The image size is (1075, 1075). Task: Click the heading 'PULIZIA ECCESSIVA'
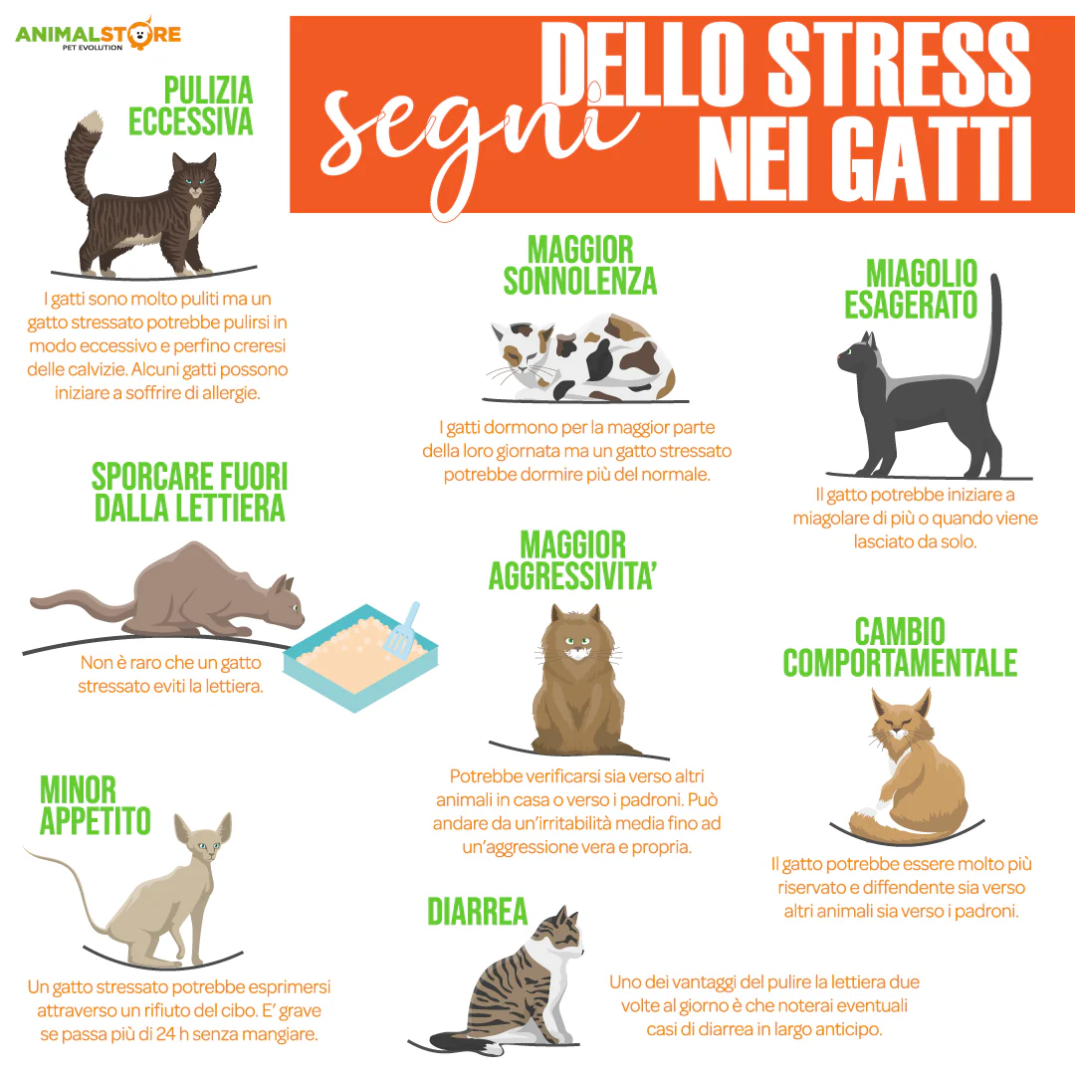(x=190, y=107)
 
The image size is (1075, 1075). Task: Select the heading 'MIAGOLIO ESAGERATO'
(x=911, y=290)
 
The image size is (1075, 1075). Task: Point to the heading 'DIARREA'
(x=477, y=912)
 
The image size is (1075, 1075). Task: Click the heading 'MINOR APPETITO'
(x=95, y=805)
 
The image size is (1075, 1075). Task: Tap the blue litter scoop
(x=402, y=629)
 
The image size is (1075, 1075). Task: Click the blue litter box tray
(x=360, y=657)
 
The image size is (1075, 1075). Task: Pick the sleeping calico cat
(x=582, y=356)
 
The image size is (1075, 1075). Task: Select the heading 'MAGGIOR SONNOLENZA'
(x=580, y=266)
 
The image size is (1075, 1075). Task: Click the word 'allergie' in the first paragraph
(x=230, y=393)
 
